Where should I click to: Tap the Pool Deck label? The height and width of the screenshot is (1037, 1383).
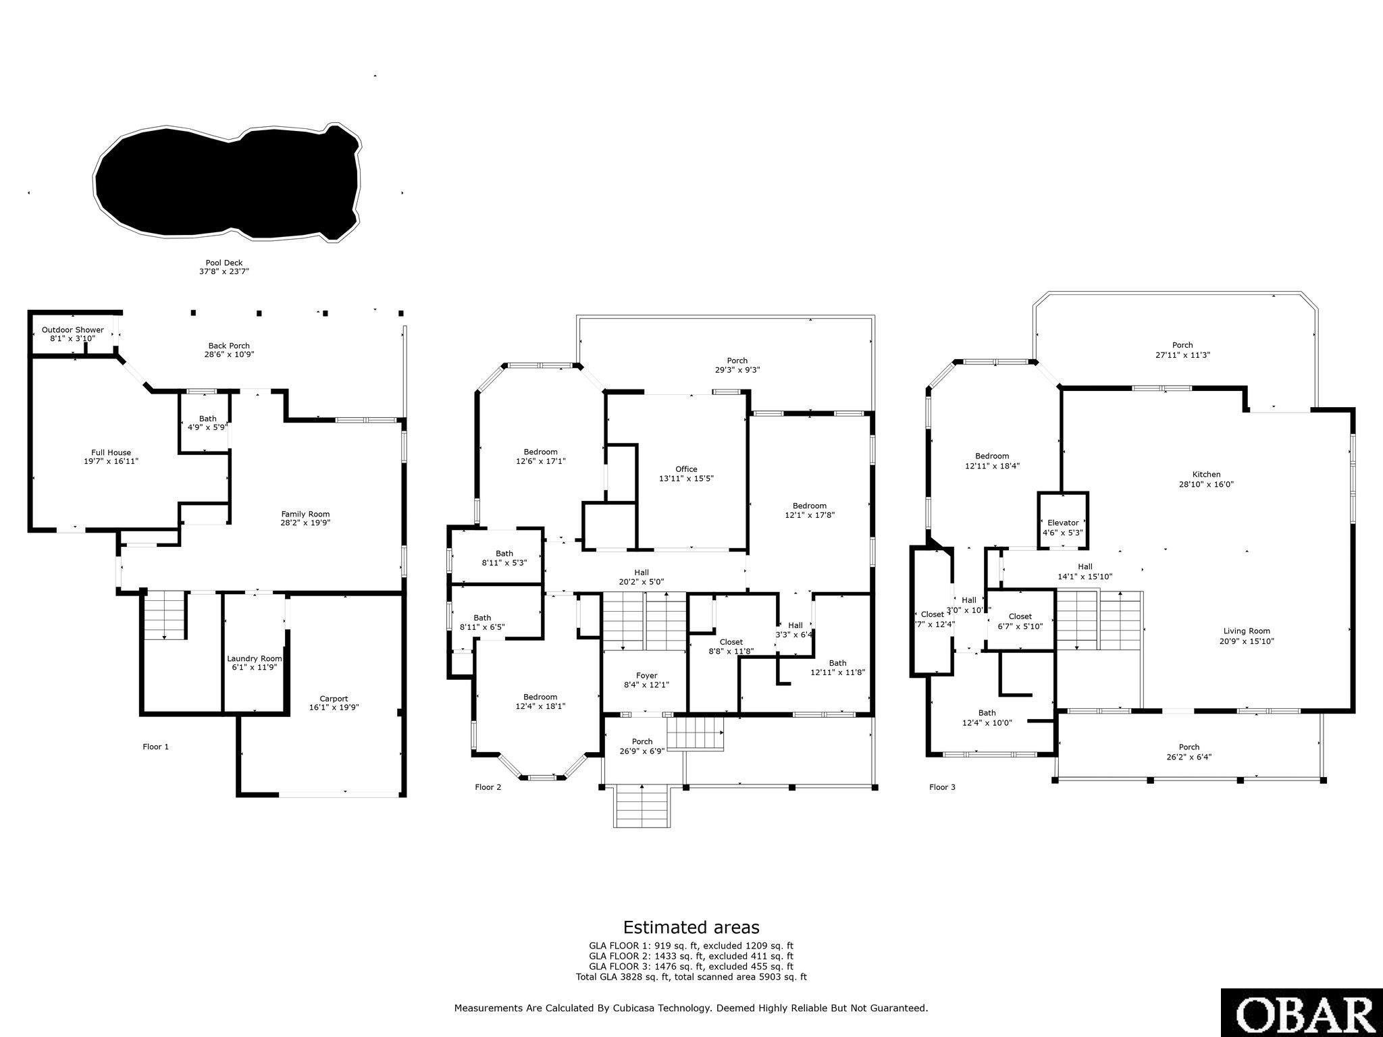(224, 267)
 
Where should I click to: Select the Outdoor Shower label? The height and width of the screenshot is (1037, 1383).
(73, 334)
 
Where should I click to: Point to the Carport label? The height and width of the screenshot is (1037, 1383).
(334, 703)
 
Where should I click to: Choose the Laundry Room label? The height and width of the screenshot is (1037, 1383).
(255, 662)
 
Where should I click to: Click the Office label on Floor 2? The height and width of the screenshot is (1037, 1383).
(686, 473)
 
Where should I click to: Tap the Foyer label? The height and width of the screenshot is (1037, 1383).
(646, 680)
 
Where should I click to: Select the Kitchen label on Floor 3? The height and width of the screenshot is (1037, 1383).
(1206, 479)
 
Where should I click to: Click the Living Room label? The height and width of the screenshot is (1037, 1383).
(1247, 636)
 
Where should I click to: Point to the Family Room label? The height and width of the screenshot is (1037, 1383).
(305, 518)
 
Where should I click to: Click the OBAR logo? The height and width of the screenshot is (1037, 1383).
(1302, 1013)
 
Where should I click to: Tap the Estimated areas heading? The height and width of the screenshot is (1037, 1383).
(691, 927)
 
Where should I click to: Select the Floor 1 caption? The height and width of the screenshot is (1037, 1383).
(155, 747)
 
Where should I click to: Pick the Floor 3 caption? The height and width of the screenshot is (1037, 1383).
(942, 787)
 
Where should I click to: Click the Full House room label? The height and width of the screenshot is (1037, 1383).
(111, 457)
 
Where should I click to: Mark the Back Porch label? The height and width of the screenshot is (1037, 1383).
(230, 350)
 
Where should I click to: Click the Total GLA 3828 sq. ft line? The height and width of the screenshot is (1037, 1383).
(691, 976)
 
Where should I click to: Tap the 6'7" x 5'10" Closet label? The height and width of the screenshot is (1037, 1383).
(1020, 621)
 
